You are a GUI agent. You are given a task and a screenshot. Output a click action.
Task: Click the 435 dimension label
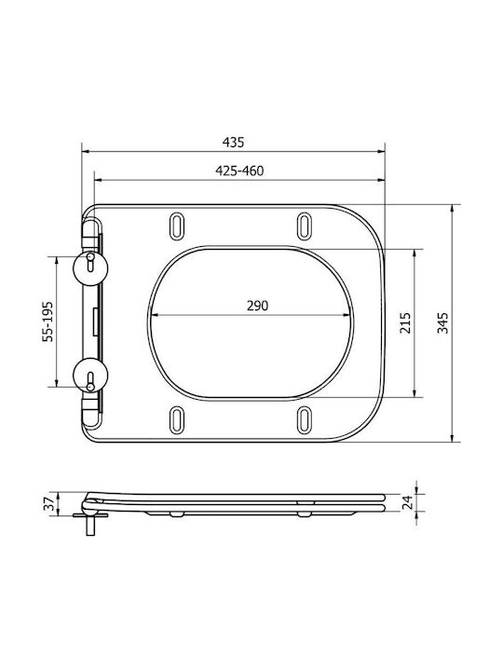233,142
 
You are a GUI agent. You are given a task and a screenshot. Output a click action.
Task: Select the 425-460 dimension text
239,171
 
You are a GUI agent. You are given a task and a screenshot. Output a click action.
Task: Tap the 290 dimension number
257,306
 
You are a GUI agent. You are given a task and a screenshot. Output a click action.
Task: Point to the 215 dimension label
405,323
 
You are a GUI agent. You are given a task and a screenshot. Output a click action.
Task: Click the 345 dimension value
443,323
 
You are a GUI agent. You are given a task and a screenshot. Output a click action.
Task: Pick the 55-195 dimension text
48,322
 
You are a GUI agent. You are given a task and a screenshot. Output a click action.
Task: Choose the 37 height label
50,503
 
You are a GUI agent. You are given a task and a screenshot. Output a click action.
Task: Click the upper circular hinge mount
90,267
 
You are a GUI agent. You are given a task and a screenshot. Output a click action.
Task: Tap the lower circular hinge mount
90,375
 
